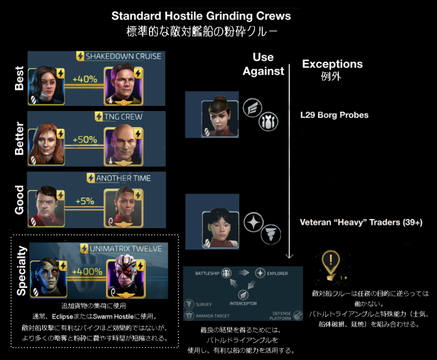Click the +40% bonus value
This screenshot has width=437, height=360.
pos(85,79)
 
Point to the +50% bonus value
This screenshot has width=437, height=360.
pos(85,140)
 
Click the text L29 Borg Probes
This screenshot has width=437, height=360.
pos(330,115)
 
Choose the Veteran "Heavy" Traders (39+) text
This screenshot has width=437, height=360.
pos(360,222)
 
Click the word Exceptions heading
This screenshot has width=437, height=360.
pos(332,64)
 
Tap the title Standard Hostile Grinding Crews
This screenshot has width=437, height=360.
pos(218,16)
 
